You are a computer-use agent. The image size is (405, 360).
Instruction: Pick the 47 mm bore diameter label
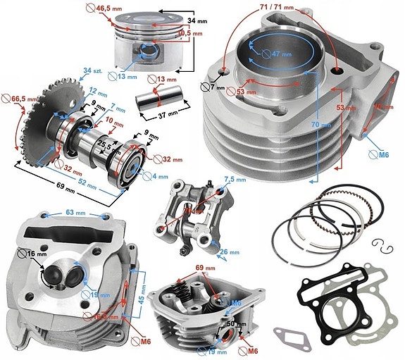pyautogui.click(x=280, y=54)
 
